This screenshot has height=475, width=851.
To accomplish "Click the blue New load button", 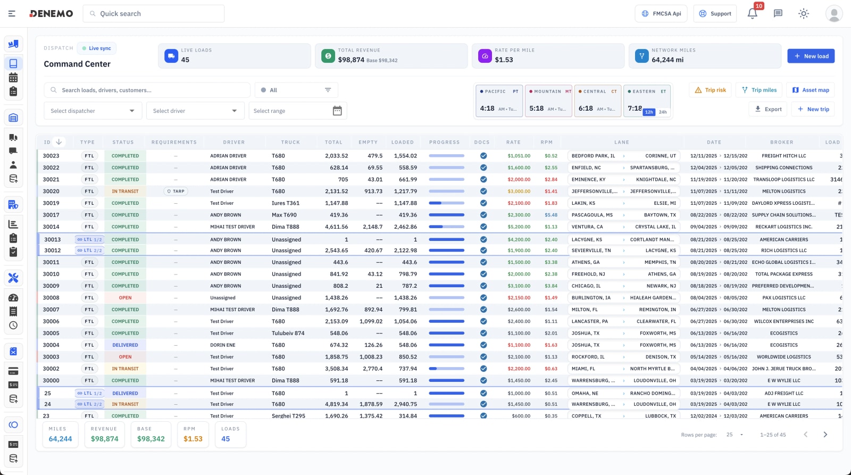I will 811,56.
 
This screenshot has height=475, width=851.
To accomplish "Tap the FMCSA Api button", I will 661,14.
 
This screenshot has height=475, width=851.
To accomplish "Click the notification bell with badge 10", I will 752,14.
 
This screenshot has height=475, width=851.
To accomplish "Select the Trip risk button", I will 710,90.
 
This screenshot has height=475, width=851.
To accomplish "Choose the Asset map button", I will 811,90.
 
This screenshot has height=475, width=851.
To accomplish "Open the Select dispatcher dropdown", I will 93,111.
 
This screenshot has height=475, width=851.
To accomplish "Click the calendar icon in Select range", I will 337,111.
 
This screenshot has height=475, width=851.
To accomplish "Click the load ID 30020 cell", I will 51,191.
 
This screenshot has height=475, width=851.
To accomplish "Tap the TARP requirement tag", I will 176,191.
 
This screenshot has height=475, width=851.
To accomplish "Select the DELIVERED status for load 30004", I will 125,345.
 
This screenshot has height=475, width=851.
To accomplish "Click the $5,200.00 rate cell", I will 519,227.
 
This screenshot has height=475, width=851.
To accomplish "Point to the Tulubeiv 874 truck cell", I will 288,334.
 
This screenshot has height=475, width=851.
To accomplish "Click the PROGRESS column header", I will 444,143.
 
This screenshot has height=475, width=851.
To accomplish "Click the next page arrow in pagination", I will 825,435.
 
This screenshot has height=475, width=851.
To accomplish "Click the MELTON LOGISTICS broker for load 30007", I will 783,310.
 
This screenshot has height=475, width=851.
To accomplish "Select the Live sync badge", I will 97,48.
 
